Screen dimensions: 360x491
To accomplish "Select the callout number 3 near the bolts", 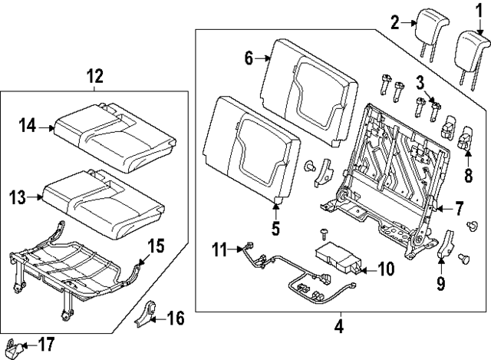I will point(421,82).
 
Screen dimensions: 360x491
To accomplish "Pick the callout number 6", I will point(249,58).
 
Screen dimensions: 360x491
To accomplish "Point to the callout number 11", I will point(220,249).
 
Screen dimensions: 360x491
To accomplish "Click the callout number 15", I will point(155,246).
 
